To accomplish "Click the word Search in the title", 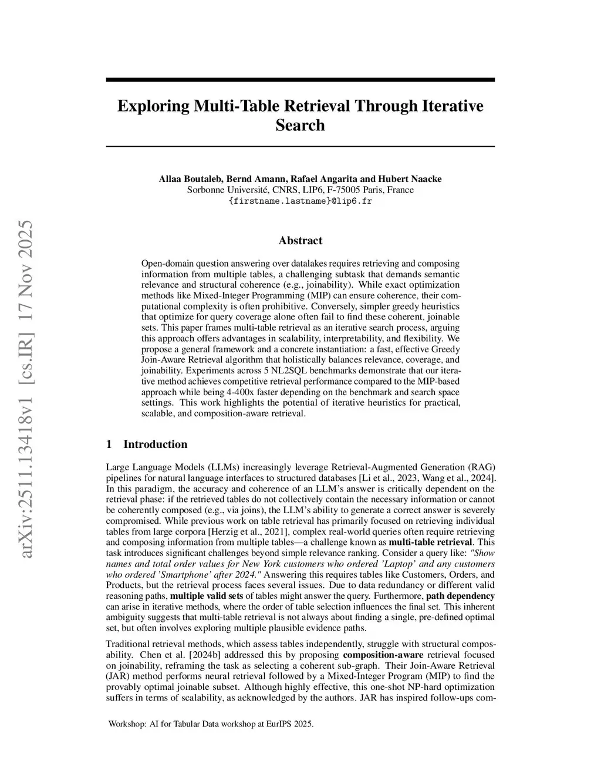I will click(x=300, y=125).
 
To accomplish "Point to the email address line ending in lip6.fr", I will click(x=300, y=201).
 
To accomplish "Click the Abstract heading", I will click(x=300, y=241).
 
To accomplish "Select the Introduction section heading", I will click(x=155, y=444).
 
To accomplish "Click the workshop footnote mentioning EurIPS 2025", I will click(x=211, y=724).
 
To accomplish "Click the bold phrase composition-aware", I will click(x=383, y=655).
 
